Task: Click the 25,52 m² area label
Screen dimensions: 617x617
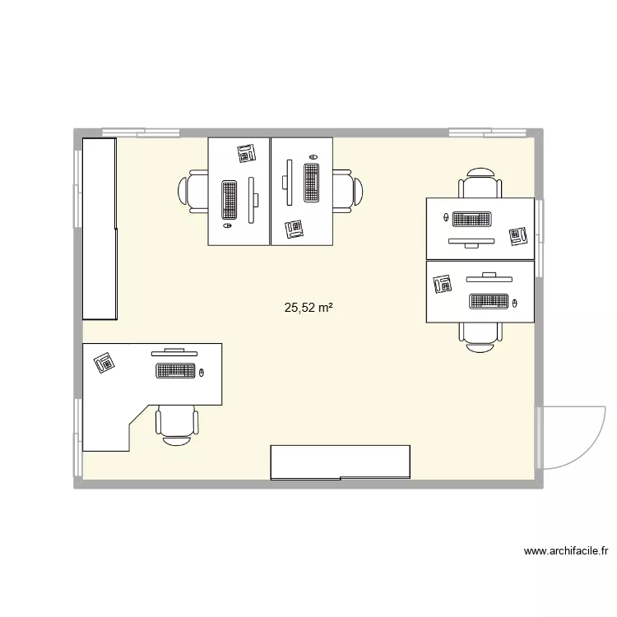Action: pyautogui.click(x=308, y=308)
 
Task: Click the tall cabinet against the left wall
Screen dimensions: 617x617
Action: pyautogui.click(x=99, y=228)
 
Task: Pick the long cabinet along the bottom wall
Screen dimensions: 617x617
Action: pyautogui.click(x=340, y=462)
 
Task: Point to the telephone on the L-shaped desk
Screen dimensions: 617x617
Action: pyautogui.click(x=104, y=362)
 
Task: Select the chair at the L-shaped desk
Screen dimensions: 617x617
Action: pyautogui.click(x=176, y=424)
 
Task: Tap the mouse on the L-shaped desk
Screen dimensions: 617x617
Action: pyautogui.click(x=201, y=374)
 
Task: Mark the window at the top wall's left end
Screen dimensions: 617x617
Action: pyautogui.click(x=141, y=132)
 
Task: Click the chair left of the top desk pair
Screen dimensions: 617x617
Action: pyautogui.click(x=194, y=192)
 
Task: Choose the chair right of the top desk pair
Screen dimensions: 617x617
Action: pyautogui.click(x=346, y=191)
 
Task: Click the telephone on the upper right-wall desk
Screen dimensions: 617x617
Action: pyautogui.click(x=517, y=237)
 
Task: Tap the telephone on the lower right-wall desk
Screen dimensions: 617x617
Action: pyautogui.click(x=442, y=285)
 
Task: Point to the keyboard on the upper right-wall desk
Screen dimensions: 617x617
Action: pyautogui.click(x=471, y=220)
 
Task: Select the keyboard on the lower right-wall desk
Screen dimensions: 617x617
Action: pyautogui.click(x=489, y=301)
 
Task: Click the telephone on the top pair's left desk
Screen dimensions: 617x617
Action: pyautogui.click(x=246, y=153)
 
